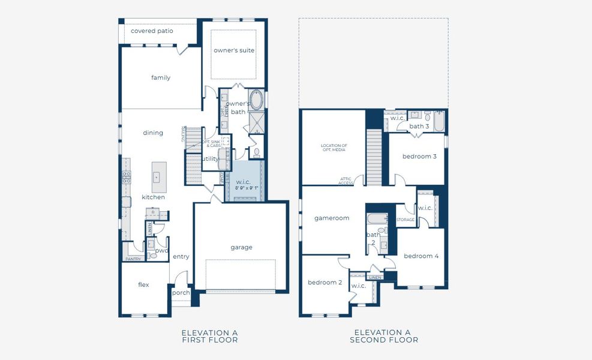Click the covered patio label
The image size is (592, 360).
tap(152, 31)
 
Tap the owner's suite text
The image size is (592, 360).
tap(234, 50)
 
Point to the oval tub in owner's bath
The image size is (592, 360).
tap(256, 98)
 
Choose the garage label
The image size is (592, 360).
tap(242, 247)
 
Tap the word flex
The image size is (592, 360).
tap(143, 285)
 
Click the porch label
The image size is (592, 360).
tap(181, 293)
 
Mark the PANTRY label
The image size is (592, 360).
tap(133, 259)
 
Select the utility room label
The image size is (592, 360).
tap(211, 159)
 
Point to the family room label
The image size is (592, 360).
tap(161, 77)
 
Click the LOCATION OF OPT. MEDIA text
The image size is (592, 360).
tap(334, 148)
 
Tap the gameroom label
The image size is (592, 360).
tap(332, 218)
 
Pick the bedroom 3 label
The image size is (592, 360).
tap(419, 156)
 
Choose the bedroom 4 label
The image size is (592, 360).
tap(421, 256)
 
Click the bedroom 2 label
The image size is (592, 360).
tap(324, 282)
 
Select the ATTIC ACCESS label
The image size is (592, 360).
tap(345, 181)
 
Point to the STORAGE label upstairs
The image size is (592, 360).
tap(405, 220)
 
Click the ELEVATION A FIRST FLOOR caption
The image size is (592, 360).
tap(209, 336)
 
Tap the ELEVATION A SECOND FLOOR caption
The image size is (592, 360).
tap(382, 336)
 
